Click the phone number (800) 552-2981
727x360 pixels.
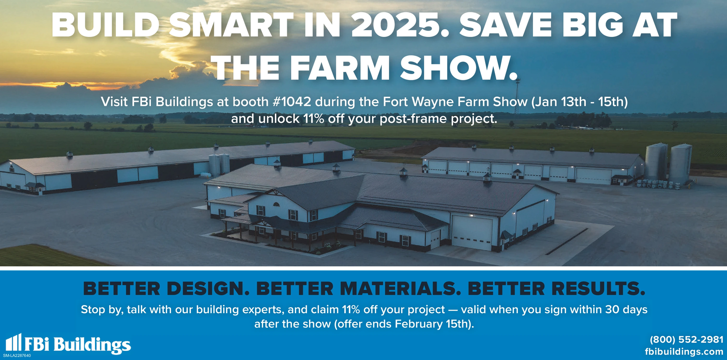coord(687,340)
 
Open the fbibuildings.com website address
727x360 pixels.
coord(684,352)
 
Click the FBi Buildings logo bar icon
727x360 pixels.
coord(14,342)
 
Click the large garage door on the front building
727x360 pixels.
coord(472,233)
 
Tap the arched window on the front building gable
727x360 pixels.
coord(276,204)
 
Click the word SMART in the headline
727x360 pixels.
coord(231,25)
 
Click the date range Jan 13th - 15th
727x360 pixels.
coord(579,102)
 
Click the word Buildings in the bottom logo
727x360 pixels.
coord(92,345)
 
